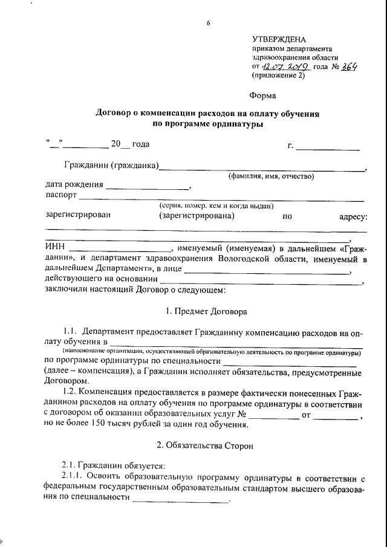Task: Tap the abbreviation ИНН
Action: (x=55, y=248)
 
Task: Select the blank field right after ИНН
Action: (x=120, y=250)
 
